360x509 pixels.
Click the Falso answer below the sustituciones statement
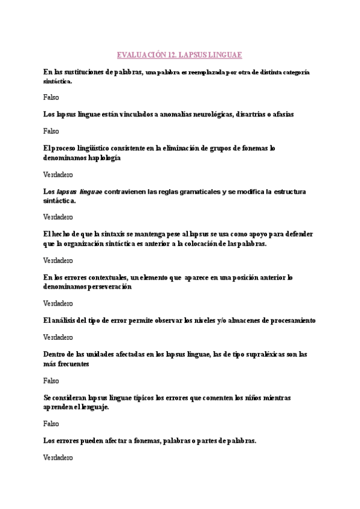[51, 97]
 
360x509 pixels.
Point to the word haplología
[103, 158]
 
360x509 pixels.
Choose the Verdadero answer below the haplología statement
[58, 175]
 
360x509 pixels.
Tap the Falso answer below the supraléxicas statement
[51, 381]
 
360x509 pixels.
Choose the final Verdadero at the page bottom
[58, 457]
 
